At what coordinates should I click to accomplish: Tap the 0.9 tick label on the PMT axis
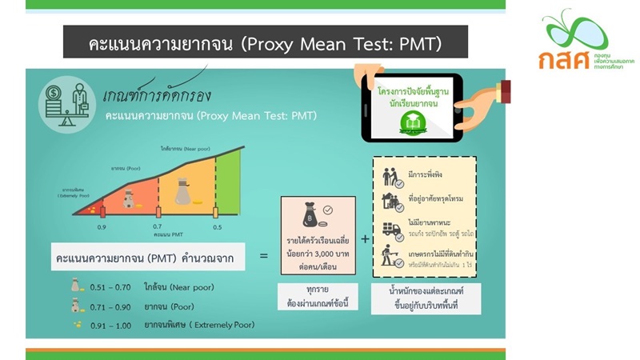102,228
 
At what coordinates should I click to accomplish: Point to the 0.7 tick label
158,228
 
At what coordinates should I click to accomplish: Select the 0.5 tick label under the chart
216,228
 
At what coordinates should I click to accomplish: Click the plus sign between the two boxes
365,238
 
